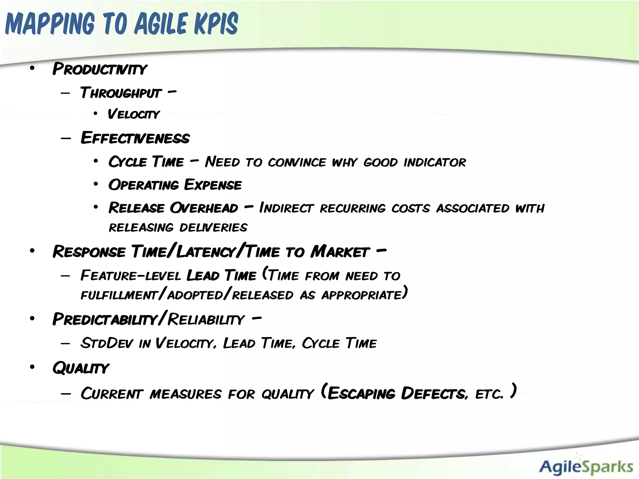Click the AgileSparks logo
[x=586, y=467]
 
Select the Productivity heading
[x=100, y=69]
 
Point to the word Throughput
[x=121, y=93]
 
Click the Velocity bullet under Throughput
[x=134, y=114]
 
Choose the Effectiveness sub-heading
[x=135, y=138]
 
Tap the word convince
[x=297, y=162]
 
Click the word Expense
[x=213, y=185]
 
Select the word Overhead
[x=204, y=208]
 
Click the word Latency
[x=206, y=252]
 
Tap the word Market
[x=340, y=252]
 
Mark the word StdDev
[x=106, y=343]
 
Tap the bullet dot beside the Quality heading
[x=32, y=367]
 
